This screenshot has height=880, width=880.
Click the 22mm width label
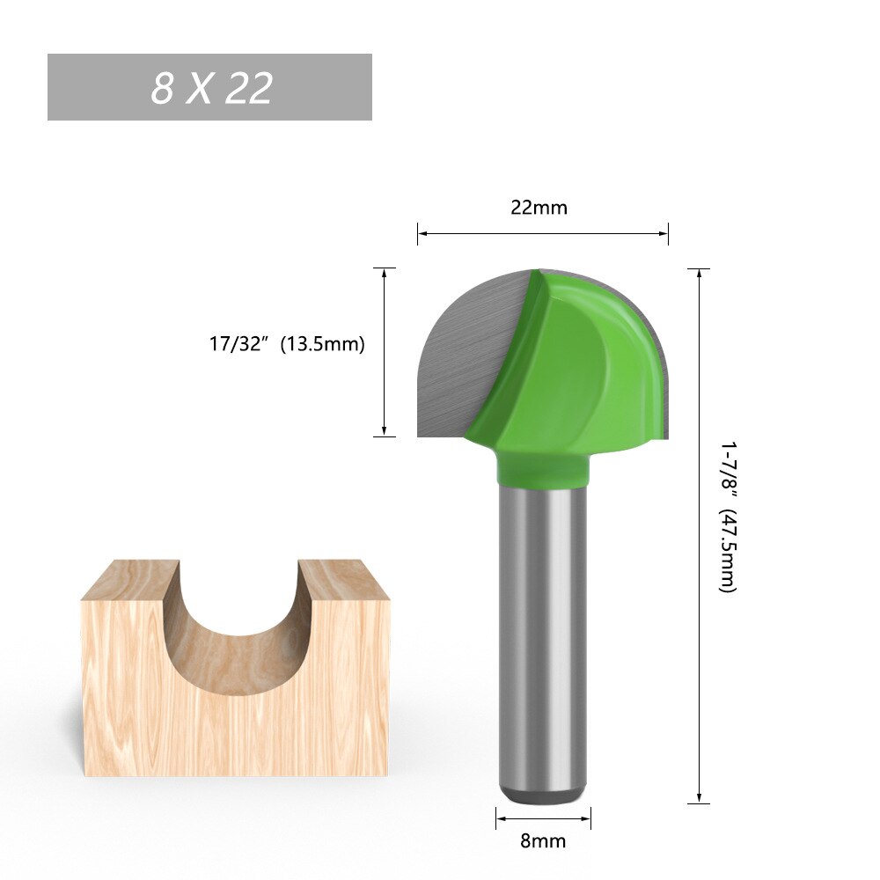pyautogui.click(x=539, y=208)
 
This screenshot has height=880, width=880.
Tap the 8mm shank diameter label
pyautogui.click(x=542, y=840)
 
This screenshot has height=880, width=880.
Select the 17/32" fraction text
pyautogui.click(x=238, y=344)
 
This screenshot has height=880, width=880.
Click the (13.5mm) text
pyautogui.click(x=321, y=344)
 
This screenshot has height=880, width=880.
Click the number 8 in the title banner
pyautogui.click(x=162, y=88)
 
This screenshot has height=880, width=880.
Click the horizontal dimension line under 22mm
pyautogui.click(x=542, y=233)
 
